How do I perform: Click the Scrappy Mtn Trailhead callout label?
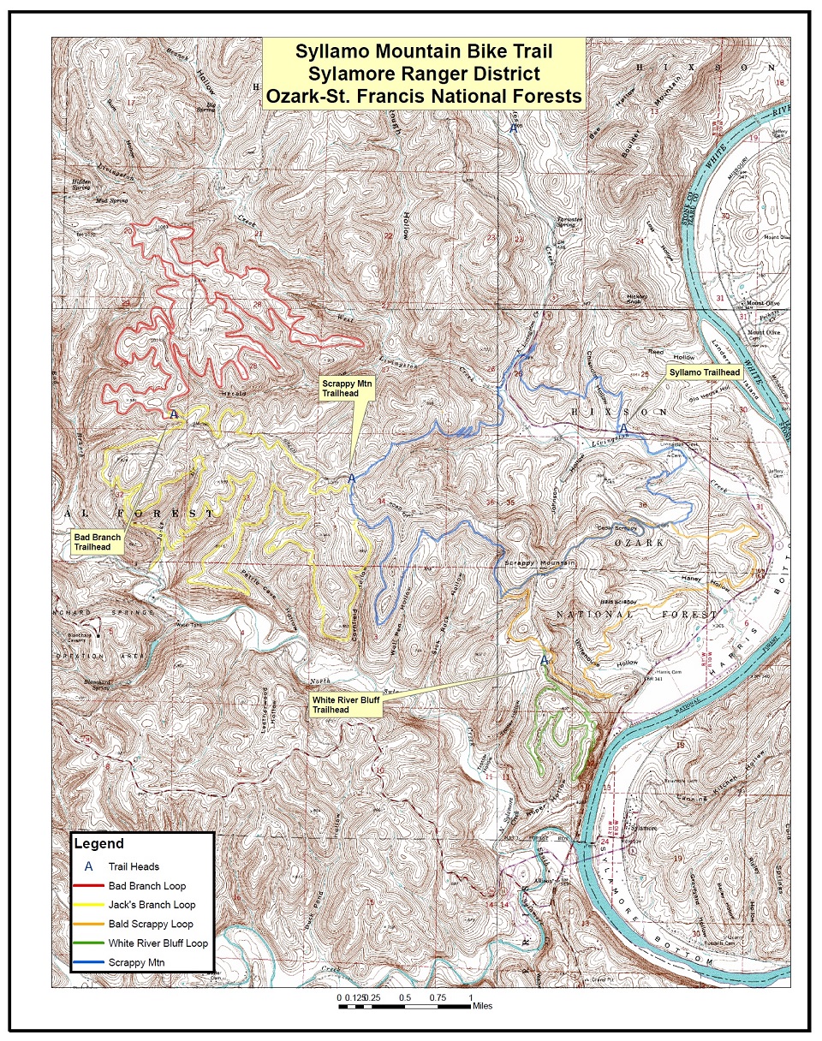point(343,386)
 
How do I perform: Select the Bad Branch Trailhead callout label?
point(97,542)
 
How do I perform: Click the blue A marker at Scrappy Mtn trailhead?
point(351,479)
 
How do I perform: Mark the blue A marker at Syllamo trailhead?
point(624,428)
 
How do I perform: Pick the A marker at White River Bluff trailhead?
point(543,660)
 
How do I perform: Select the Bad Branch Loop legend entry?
point(146,885)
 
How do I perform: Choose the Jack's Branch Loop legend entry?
point(152,905)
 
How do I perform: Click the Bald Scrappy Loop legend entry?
point(151,924)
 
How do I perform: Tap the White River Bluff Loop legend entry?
point(158,943)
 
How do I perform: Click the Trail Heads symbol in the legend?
point(88,866)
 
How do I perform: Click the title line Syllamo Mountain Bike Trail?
point(424,51)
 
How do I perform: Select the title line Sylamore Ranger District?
point(424,74)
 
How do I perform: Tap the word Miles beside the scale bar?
point(482,1007)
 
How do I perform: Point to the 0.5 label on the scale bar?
point(405,998)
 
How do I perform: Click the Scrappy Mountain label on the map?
point(538,563)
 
